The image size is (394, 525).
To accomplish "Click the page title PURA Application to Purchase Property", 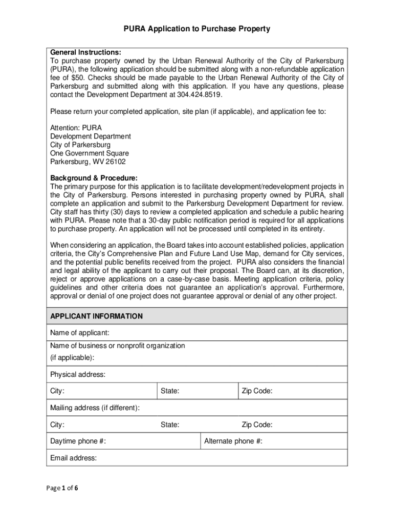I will point(196,29).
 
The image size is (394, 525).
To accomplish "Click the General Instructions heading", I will point(85,52).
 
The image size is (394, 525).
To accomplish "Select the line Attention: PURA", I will point(76,128).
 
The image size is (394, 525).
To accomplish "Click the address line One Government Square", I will point(90,153).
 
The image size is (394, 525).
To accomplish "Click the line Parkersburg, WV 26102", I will point(87,162).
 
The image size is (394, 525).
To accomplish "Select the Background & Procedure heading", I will point(94,178).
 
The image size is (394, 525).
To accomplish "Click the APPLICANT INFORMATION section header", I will point(96,316).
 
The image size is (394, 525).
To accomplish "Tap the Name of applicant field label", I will point(79,333).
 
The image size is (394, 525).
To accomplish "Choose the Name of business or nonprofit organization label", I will point(117,346).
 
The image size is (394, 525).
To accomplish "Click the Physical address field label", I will point(78,375).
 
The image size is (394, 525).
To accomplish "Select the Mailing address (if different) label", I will point(95,408).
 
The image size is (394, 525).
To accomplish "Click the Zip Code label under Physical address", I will point(257,391).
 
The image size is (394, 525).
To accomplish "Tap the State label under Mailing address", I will point(170,425).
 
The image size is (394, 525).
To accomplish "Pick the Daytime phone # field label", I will point(78,441).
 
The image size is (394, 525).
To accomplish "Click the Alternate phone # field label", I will point(233,441).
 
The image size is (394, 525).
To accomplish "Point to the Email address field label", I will point(73,458).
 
